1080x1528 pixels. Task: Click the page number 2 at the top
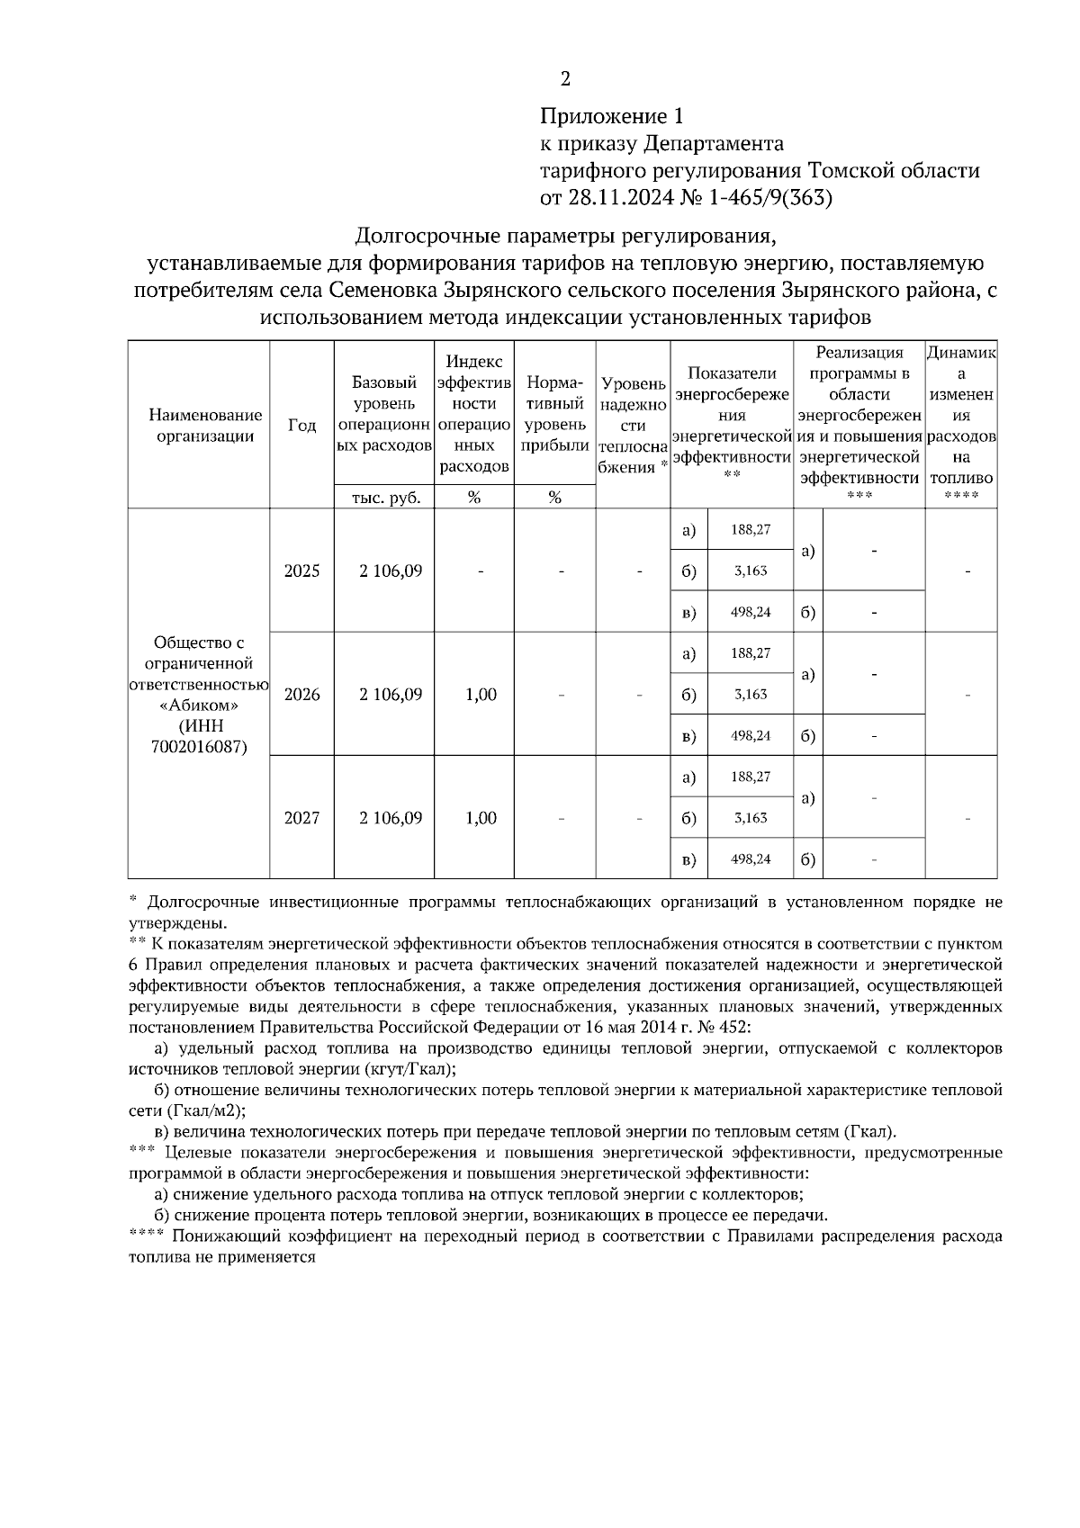565,79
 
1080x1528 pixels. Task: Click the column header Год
301,426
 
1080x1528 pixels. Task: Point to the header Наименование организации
205,426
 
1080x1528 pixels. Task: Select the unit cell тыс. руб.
383,498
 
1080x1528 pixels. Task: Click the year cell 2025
301,571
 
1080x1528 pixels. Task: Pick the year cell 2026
301,695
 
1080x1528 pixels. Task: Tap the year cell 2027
301,818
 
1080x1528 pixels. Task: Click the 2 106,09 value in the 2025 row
391,571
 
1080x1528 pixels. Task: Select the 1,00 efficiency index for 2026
481,695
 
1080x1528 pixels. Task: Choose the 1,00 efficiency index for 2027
481,818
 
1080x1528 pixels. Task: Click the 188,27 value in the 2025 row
750,530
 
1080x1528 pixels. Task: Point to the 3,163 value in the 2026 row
750,695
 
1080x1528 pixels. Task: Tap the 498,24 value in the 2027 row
750,859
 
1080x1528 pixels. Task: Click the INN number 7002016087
199,746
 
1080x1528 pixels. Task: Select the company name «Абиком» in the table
199,705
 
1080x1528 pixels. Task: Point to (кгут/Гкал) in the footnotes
409,1068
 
